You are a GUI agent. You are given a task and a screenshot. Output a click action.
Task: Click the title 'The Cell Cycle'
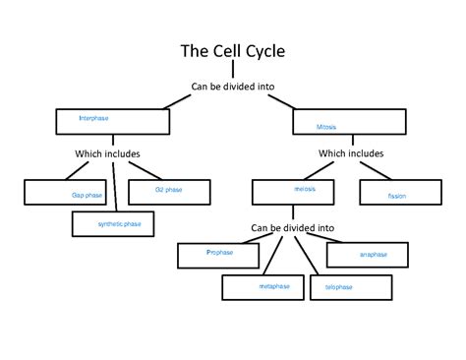click(x=232, y=51)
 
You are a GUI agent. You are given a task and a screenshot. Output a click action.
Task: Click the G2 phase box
click(x=168, y=190)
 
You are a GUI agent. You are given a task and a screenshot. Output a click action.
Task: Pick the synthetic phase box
click(x=118, y=224)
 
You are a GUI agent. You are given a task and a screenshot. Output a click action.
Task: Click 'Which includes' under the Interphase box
click(x=107, y=153)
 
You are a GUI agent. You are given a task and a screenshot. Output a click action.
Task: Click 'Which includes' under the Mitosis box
click(x=351, y=153)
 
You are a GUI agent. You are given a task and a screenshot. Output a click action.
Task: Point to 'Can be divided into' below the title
click(x=232, y=87)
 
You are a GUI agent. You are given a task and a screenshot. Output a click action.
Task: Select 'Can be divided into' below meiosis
click(x=292, y=227)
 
